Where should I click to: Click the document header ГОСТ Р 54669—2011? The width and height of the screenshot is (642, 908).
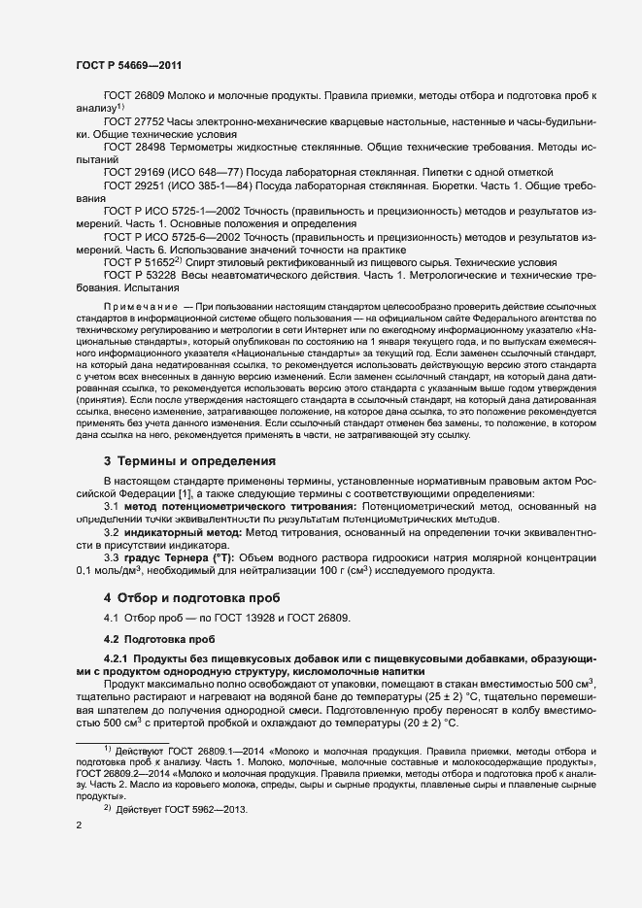(127, 65)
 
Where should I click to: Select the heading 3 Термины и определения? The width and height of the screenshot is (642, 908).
(189, 460)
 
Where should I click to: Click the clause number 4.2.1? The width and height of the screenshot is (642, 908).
(117, 660)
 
